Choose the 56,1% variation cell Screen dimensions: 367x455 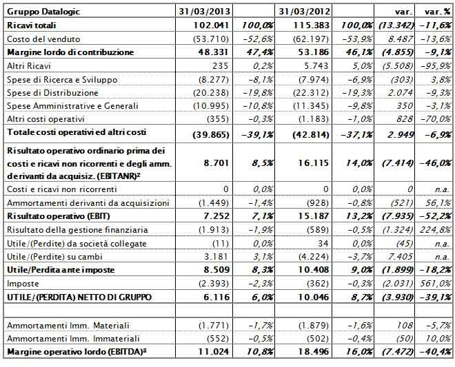(439, 203)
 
